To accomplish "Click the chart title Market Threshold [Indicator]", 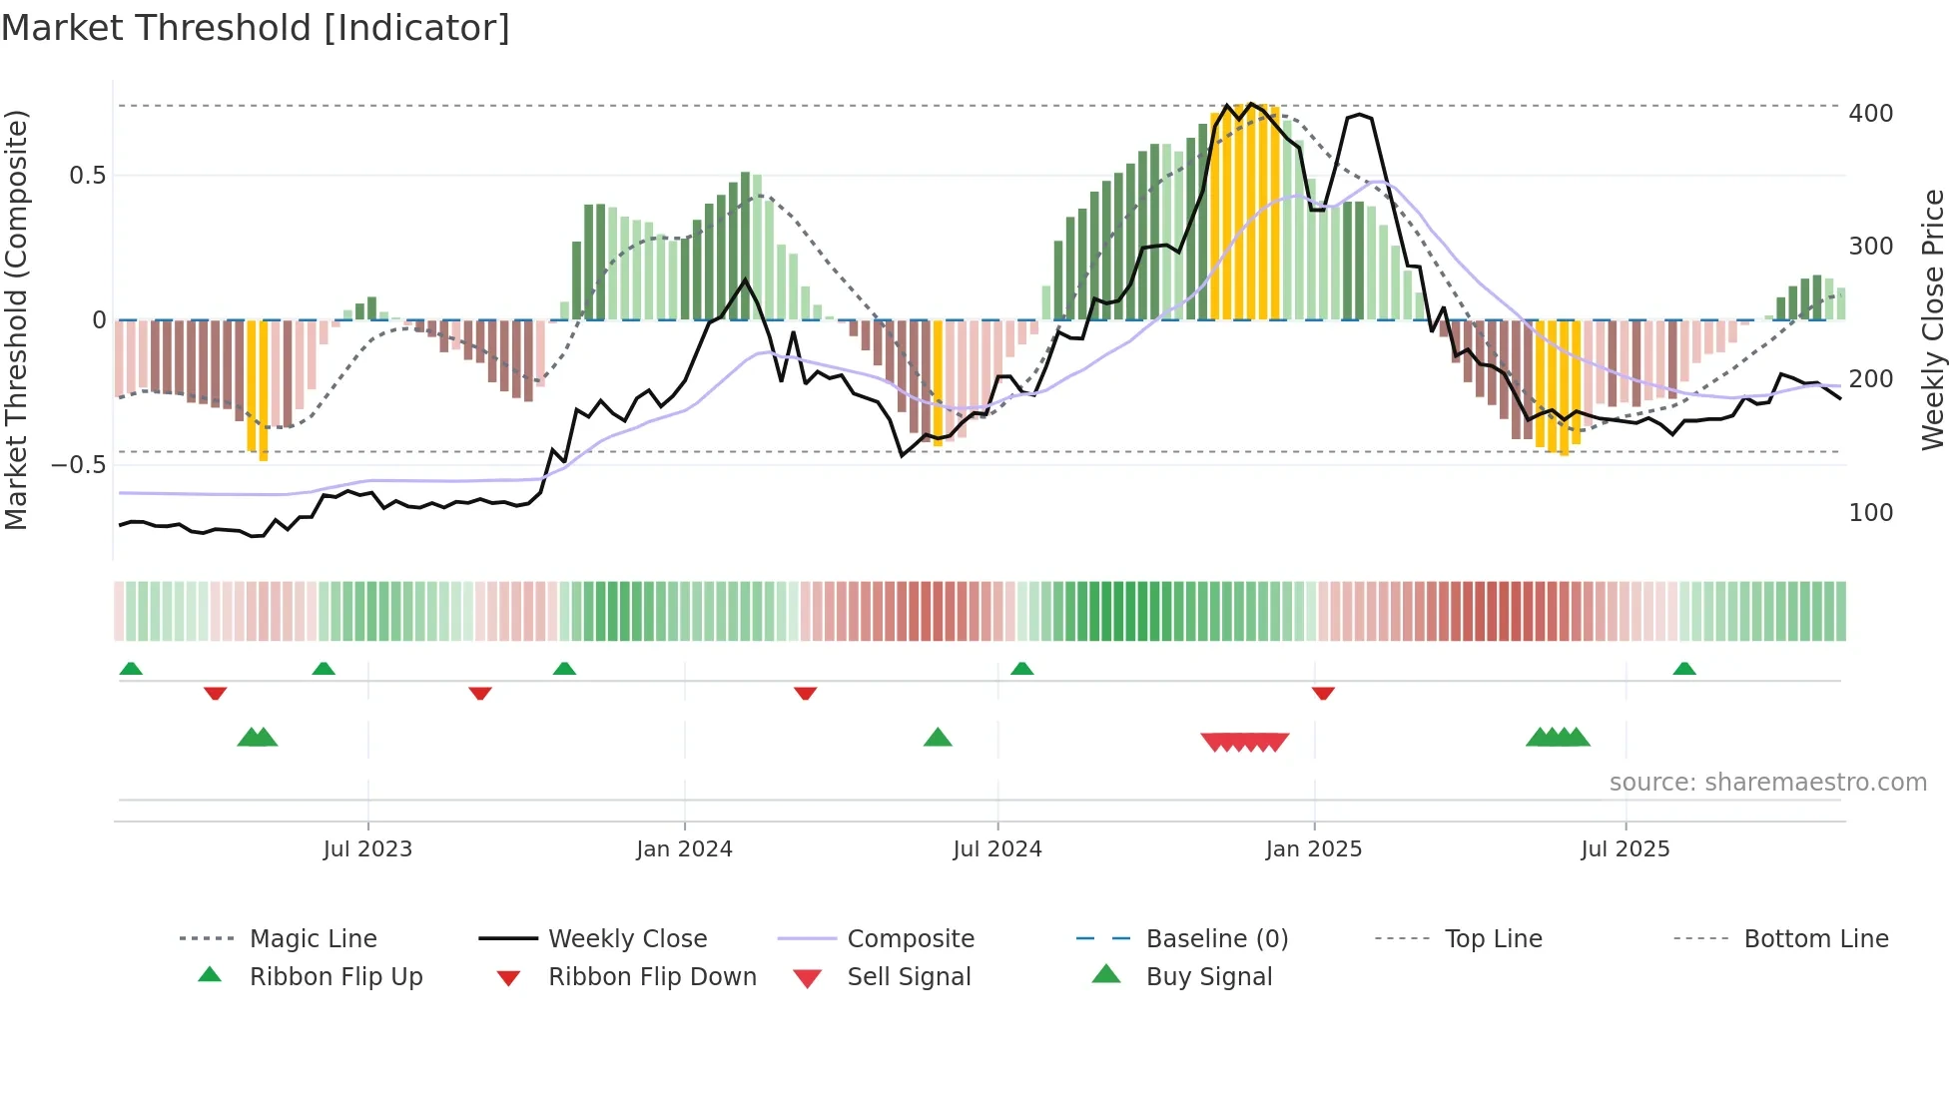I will click(256, 28).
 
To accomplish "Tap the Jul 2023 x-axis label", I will click(367, 849).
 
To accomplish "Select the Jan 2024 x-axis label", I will click(684, 849).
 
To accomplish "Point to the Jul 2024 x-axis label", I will click(997, 849).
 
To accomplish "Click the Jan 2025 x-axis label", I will click(1313, 849).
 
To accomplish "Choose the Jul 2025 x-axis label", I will click(1626, 849).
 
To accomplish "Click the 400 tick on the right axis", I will click(1870, 114).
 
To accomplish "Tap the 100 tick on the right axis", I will click(1870, 513).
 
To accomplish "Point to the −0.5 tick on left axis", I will click(79, 465).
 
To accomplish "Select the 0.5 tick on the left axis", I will click(88, 176).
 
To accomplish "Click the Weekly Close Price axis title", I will click(1933, 319).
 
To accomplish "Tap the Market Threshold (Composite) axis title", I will click(16, 319).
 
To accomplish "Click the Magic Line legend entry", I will click(313, 939).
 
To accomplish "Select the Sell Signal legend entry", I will click(909, 977).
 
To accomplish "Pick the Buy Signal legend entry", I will click(1208, 977).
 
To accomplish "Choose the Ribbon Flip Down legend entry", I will click(652, 977).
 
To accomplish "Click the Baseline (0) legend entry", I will click(1216, 939).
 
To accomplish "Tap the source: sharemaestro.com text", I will click(1767, 783).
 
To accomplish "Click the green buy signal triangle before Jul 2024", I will click(938, 738).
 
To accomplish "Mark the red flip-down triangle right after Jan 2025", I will click(1323, 693).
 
